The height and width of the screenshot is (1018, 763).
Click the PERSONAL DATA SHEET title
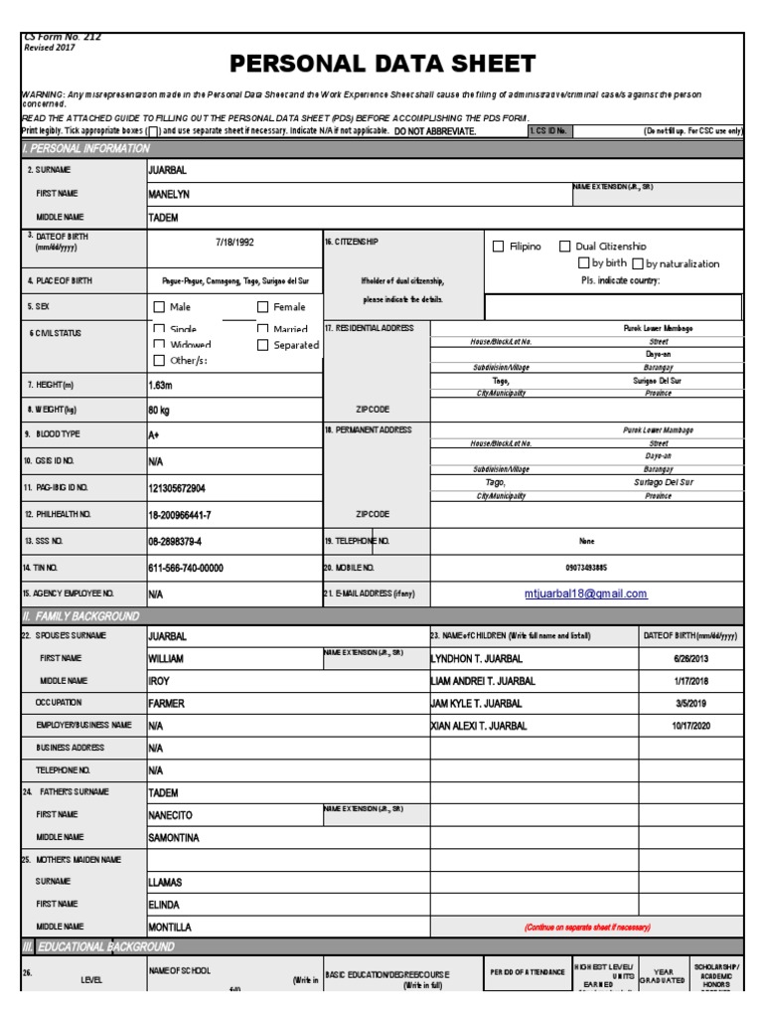click(x=382, y=65)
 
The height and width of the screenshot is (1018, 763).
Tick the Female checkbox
click(x=263, y=307)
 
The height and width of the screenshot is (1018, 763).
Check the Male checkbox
click(x=159, y=307)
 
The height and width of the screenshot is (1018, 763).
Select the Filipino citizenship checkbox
click(x=499, y=247)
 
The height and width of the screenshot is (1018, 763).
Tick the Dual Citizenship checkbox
click(x=565, y=247)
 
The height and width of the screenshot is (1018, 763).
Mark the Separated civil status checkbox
click(x=263, y=345)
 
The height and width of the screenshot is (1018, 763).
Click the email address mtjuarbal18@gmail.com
click(x=585, y=594)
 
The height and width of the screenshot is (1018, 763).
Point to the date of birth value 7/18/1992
click(x=234, y=242)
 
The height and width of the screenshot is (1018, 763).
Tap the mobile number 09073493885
click(x=586, y=568)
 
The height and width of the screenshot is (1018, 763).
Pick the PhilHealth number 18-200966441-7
click(x=180, y=515)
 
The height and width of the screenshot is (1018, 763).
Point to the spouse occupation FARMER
click(x=167, y=703)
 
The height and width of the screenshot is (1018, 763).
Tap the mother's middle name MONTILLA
click(x=172, y=927)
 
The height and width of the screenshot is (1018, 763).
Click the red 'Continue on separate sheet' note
click(x=586, y=927)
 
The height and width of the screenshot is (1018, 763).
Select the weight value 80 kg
click(x=160, y=410)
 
